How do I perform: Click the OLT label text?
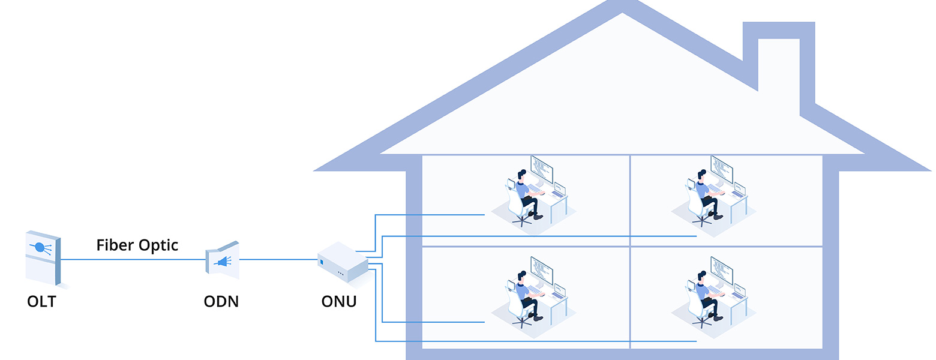41,301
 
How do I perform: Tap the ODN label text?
221,301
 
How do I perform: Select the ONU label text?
338,301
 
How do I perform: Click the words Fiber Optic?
137,245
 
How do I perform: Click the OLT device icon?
43,258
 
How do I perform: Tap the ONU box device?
342,262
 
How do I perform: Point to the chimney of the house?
778,60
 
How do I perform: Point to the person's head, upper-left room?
521,175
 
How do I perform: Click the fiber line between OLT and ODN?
132,260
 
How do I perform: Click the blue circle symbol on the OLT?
40,247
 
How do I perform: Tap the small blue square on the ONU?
322,262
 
